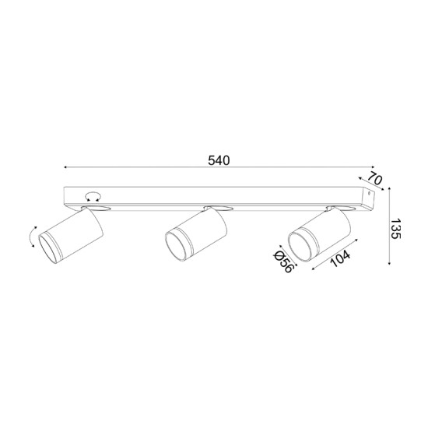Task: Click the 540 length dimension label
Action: (x=219, y=160)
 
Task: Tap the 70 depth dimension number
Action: (x=375, y=180)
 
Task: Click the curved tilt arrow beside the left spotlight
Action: (x=31, y=235)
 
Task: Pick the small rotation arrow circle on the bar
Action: (x=93, y=195)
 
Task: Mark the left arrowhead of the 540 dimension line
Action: (x=66, y=167)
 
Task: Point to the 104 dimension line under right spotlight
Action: (x=335, y=256)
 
